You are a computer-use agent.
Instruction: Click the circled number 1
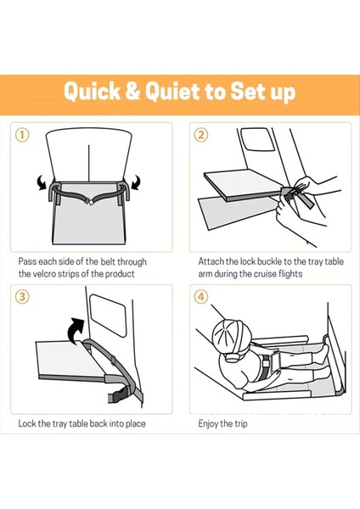(22, 135)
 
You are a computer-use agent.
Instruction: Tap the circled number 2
(201, 135)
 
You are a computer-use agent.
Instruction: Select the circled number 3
(22, 297)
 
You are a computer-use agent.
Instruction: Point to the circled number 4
(201, 297)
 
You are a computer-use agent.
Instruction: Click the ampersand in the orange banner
(132, 91)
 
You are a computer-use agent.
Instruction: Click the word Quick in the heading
(92, 91)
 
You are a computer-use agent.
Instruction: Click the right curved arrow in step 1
(137, 182)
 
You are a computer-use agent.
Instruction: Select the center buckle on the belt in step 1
(88, 202)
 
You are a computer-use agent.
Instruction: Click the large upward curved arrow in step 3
(76, 331)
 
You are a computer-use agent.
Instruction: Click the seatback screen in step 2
(258, 139)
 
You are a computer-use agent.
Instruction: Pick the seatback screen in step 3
(108, 316)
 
